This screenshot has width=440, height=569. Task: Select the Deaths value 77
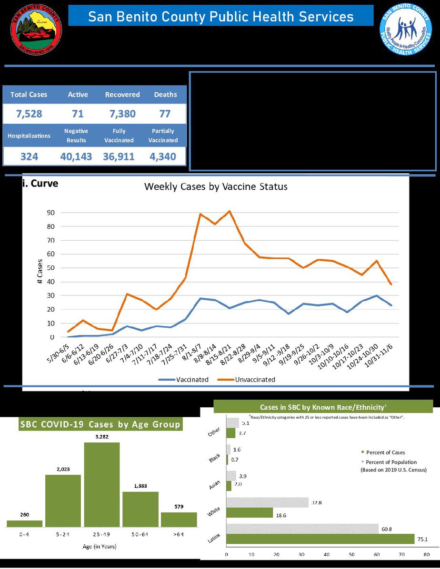click(x=165, y=114)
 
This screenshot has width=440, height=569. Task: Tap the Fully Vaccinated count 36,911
click(x=119, y=157)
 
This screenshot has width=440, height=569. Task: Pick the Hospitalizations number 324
click(x=30, y=157)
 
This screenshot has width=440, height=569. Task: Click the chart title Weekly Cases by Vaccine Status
click(x=216, y=187)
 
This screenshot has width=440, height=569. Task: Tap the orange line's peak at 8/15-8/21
click(x=230, y=211)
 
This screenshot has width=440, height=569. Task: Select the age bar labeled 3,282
click(x=102, y=484)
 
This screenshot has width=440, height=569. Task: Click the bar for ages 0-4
click(x=24, y=523)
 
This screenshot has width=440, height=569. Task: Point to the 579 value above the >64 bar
click(x=179, y=506)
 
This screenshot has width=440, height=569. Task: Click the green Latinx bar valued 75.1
click(x=320, y=539)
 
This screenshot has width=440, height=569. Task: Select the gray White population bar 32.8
click(x=267, y=502)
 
